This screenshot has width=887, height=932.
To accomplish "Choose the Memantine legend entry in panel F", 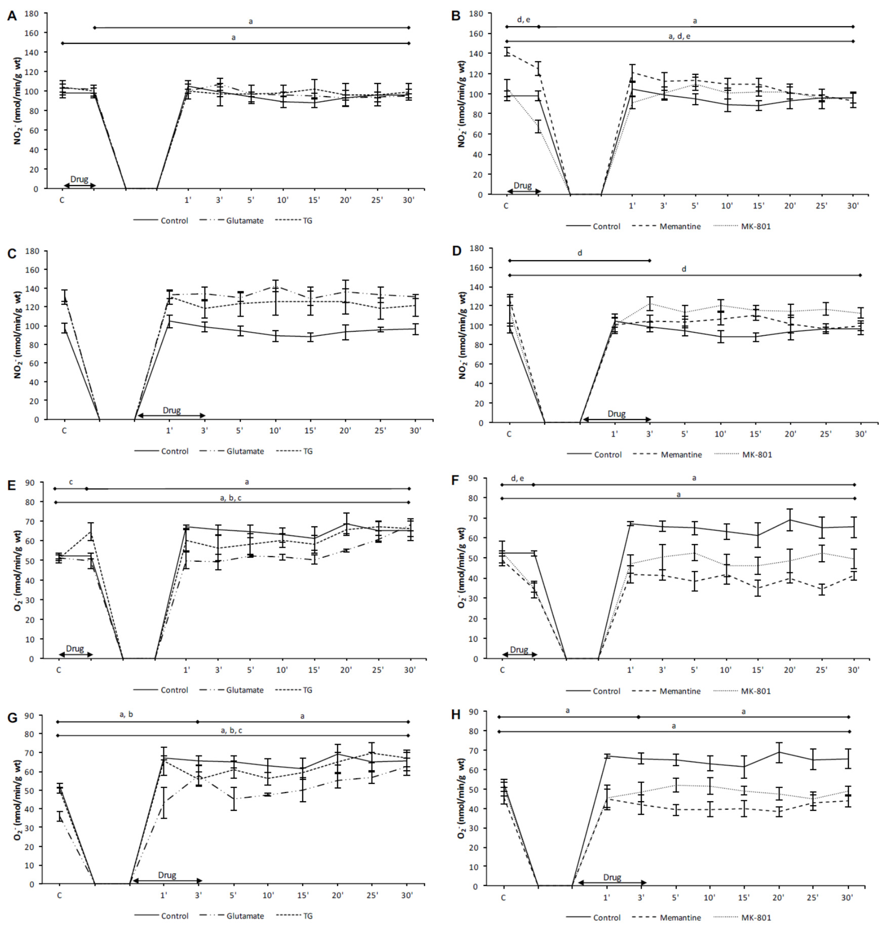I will (680, 691).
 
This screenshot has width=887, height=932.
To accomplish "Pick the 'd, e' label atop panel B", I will (523, 19).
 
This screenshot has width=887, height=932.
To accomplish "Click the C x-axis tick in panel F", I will (502, 670).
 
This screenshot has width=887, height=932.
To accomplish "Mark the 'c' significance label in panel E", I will (71, 482).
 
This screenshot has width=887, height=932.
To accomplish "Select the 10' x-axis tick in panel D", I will (720, 434).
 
